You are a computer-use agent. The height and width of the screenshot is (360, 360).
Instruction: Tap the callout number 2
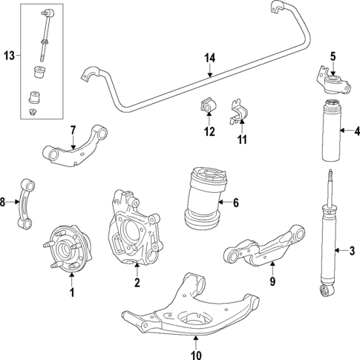coord(137,282)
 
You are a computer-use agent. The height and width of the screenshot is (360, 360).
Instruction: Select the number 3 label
coord(353,249)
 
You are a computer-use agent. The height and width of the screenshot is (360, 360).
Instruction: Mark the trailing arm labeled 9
coord(267,246)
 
